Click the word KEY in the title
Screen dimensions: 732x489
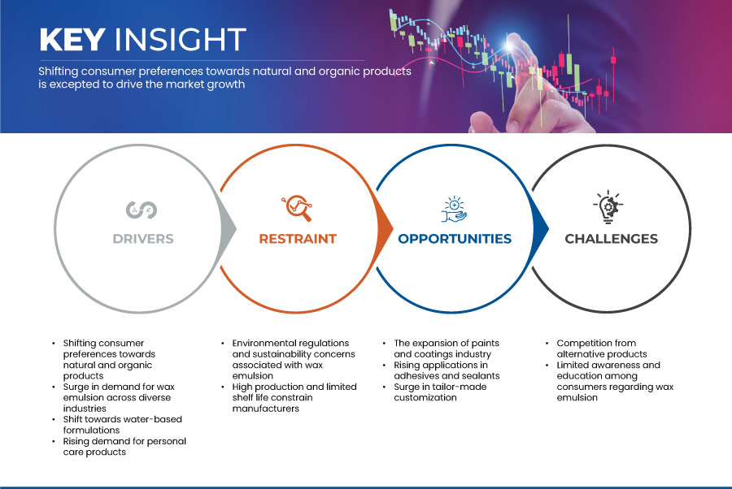(72, 39)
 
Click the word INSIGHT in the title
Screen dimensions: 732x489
(181, 39)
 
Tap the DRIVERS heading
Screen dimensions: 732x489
(143, 239)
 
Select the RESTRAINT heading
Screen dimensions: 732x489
(298, 239)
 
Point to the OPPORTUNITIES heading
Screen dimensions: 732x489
(455, 239)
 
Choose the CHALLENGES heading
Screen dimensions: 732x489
(611, 239)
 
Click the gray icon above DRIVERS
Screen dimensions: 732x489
(142, 210)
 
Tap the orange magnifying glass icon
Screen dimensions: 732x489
(297, 208)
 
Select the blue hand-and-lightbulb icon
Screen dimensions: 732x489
(454, 210)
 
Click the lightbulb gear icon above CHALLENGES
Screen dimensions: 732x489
(608, 207)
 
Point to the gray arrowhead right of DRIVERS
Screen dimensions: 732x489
(229, 228)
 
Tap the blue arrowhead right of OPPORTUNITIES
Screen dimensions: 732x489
(541, 228)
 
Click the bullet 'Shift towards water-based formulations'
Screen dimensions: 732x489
(122, 425)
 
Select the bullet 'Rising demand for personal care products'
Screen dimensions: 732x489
(124, 447)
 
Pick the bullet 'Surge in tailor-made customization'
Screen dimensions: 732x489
(440, 392)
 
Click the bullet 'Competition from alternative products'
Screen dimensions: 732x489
(601, 348)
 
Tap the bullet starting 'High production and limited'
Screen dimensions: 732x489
(294, 398)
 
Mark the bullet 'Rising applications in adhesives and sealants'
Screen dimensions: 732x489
(447, 370)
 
